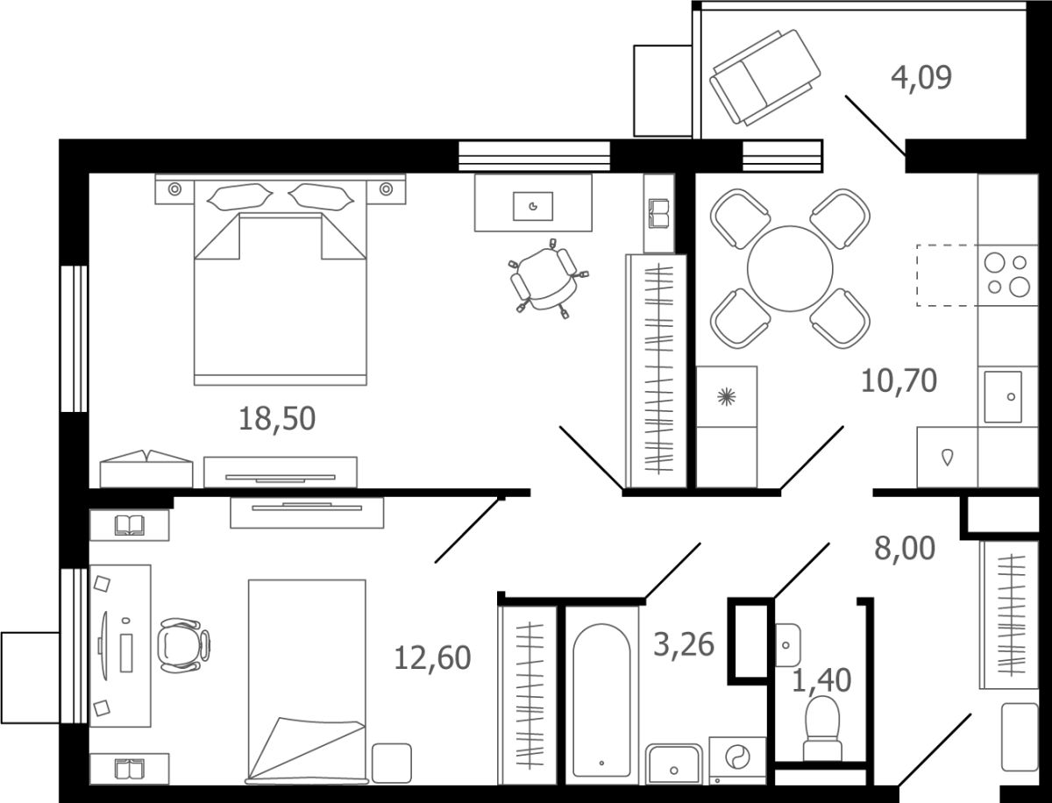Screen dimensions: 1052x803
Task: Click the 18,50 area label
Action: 276,418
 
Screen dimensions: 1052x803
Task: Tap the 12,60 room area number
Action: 432,657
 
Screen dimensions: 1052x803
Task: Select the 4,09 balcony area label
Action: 921,78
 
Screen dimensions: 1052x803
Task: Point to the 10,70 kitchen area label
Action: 899,380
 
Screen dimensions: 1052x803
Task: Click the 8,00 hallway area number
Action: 905,549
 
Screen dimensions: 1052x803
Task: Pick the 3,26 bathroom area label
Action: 684,644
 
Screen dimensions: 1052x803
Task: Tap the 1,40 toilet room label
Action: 821,680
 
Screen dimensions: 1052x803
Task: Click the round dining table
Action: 790,269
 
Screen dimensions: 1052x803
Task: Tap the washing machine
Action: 737,768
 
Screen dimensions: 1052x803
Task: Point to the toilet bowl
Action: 822,728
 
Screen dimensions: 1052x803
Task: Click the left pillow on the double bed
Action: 239,197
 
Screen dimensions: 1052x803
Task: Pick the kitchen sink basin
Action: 1003,397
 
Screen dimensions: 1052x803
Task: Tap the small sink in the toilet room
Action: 787,645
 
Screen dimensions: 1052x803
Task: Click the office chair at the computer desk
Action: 184,645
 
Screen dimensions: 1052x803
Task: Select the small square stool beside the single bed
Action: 392,764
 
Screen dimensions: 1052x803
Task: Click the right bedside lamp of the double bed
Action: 387,189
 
